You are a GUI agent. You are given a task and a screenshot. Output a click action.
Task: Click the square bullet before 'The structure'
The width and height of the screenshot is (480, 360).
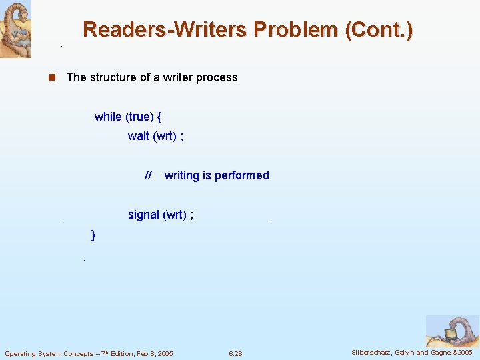(x=51, y=77)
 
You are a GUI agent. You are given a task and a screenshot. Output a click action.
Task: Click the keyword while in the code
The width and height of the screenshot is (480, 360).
(x=108, y=117)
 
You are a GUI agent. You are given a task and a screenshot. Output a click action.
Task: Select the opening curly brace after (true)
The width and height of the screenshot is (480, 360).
(x=159, y=117)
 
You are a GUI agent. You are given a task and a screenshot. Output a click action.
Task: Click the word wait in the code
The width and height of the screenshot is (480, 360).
(x=139, y=136)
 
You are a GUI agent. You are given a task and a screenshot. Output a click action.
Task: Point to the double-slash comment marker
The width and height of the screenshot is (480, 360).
(x=148, y=175)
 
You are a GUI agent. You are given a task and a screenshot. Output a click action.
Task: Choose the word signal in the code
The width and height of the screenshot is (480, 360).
(x=143, y=215)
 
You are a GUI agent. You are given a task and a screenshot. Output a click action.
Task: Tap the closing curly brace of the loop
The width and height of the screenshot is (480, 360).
(x=93, y=235)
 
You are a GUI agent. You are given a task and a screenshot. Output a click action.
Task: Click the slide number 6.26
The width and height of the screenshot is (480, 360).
(x=235, y=353)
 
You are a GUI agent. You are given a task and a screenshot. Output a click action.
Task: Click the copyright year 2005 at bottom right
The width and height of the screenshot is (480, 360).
(x=463, y=352)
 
